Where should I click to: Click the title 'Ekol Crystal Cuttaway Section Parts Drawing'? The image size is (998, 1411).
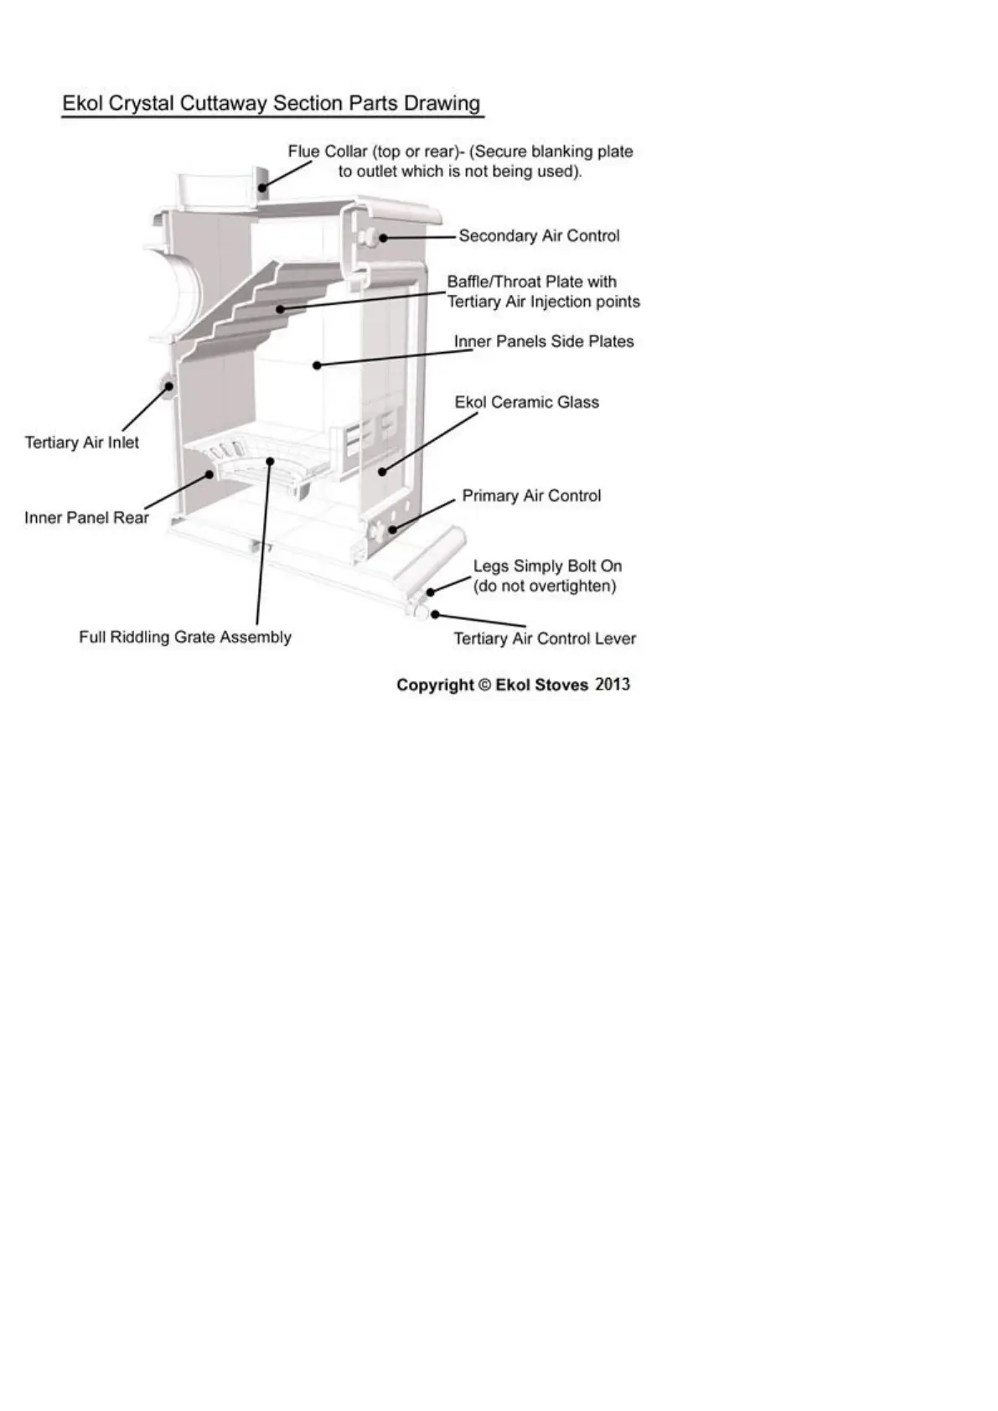271,104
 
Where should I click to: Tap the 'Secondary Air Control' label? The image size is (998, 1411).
539,236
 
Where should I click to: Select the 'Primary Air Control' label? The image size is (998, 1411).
531,496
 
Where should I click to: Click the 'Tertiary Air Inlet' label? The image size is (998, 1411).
82,442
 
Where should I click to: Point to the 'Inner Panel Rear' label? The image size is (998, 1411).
86,518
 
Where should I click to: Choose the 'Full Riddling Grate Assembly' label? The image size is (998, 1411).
185,637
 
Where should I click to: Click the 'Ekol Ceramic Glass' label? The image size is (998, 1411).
526,402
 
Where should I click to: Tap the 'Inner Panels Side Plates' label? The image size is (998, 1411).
544,342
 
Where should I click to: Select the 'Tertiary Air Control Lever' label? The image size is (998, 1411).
545,638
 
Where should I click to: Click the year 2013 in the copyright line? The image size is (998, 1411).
613,685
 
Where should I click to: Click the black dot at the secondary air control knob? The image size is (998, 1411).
383,237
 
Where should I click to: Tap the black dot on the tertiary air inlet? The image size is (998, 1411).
168,386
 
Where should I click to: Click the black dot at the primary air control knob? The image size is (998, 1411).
391,529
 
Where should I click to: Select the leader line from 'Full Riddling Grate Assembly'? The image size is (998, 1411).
262,545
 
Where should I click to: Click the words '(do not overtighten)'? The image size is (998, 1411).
545,586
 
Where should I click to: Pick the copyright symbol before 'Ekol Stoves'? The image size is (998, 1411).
484,685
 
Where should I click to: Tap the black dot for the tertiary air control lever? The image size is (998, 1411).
434,615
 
